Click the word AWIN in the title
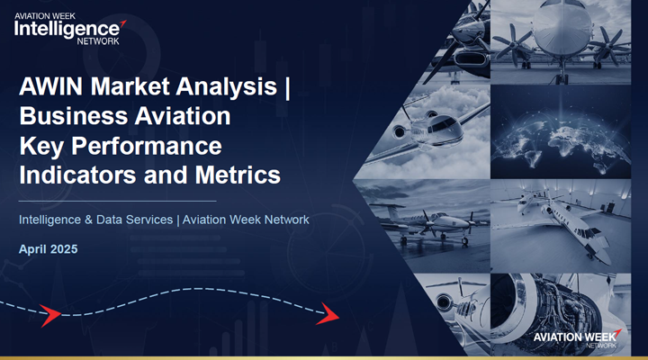click(50, 86)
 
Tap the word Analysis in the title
click(227, 87)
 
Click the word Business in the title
click(73, 116)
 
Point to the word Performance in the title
click(147, 146)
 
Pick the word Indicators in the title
click(77, 175)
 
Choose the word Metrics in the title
click(238, 175)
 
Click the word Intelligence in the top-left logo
click(67, 30)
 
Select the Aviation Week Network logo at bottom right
click(578, 337)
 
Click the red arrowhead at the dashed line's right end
click(328, 313)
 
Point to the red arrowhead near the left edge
click(50, 315)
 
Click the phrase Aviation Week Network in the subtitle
click(246, 220)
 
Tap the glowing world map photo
click(561, 132)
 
